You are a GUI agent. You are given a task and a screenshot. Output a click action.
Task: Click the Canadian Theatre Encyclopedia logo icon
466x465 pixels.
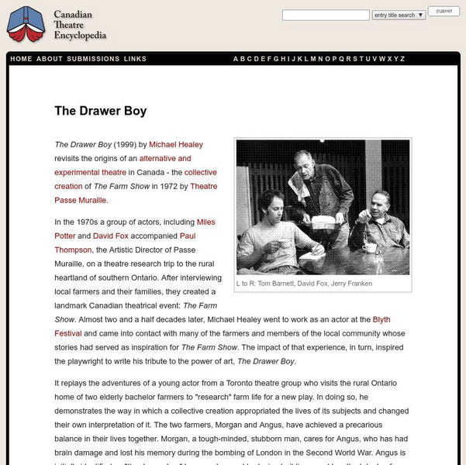(25, 25)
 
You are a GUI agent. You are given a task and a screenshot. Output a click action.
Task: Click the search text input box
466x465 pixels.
(326, 15)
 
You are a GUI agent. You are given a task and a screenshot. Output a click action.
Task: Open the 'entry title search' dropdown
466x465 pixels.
(399, 15)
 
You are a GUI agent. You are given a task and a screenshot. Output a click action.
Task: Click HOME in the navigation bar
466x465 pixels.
(21, 59)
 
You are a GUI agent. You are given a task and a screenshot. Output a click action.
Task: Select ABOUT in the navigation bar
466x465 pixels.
(50, 59)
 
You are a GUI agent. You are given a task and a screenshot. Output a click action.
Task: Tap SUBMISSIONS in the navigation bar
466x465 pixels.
(93, 59)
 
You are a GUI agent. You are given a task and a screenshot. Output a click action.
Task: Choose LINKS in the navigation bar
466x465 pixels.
(135, 59)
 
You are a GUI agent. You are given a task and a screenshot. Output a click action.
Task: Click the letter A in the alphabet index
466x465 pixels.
(236, 59)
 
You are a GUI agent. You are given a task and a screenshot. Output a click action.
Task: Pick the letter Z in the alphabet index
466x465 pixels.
(402, 59)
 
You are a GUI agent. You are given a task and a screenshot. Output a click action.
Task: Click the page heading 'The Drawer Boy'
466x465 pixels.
(100, 111)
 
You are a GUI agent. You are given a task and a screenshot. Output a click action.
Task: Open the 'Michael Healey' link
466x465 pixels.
(177, 145)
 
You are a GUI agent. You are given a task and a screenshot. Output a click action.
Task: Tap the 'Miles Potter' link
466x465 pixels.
(206, 222)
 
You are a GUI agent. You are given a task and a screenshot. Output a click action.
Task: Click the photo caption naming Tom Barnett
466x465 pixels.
(304, 284)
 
